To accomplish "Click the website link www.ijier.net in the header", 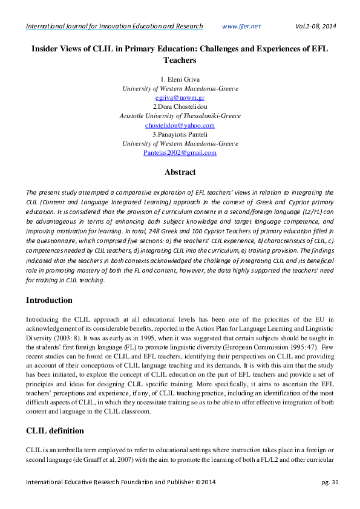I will (x=241, y=26).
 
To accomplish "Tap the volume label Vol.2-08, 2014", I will (x=315, y=26).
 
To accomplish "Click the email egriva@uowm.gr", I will (x=180, y=97).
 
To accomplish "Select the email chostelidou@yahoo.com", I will (x=180, y=125).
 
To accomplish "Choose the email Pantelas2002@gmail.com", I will (x=180, y=153).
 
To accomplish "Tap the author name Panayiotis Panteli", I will (x=182, y=134).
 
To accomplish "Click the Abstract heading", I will (x=180, y=172).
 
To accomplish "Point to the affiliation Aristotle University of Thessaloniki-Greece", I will (x=180, y=116).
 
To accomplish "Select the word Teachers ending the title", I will (x=180, y=60).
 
